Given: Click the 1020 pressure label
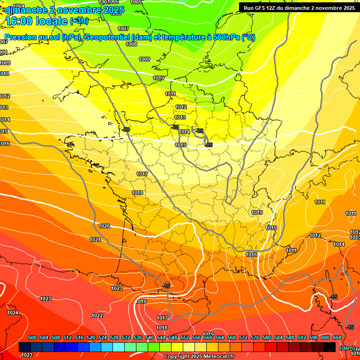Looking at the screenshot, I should point(104,226).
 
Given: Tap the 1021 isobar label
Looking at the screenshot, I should point(95,240).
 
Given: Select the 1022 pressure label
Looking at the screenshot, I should point(97,315).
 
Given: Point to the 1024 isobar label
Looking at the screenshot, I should point(13,313).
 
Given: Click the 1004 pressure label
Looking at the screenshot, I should point(19,6).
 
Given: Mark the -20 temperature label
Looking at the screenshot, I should point(126,129).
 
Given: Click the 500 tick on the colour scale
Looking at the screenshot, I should point(32,337).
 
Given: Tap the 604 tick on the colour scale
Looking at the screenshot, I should point(337,337).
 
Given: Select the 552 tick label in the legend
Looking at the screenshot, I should point(185,337).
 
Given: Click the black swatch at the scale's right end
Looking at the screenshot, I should point(330,347).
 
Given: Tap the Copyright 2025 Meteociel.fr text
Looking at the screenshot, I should point(199,356).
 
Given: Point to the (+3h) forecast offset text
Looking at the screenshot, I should point(78,21).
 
